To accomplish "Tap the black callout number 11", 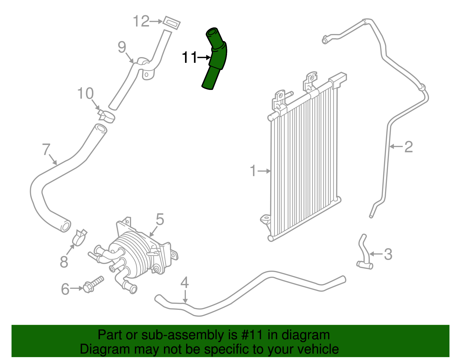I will point(189,57).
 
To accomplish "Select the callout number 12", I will point(141,21).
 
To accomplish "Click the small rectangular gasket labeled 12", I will point(172,23).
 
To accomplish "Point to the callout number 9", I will point(122,47).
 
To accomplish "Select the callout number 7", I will point(46,149).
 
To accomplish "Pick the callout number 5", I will point(160,220).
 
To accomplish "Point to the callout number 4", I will point(185,283).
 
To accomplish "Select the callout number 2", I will point(409,147).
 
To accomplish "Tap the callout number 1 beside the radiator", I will point(253,171).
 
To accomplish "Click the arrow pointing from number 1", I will point(264,171).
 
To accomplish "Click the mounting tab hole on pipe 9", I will point(147,75).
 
